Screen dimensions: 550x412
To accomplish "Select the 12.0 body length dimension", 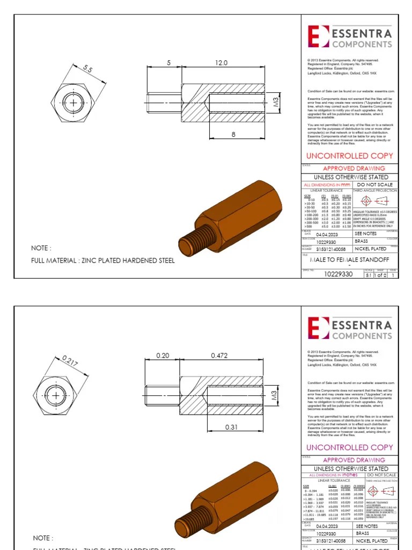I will coord(222,63).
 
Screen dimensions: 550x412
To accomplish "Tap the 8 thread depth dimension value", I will coord(233,135).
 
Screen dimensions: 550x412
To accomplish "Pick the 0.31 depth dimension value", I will coord(231,427).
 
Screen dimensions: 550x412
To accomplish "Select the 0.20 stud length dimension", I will coord(163,356).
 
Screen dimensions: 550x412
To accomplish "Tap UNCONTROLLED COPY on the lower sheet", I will coord(349,447).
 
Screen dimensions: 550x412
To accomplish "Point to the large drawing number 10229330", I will coord(339,274).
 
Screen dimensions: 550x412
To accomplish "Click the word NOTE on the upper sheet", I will coord(42,248).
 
